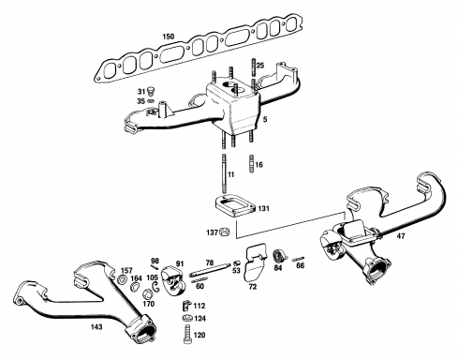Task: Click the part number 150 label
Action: [169, 37]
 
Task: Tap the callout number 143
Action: [96, 327]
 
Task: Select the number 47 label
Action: [401, 236]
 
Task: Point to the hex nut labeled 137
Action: [224, 232]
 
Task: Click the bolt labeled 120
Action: [186, 335]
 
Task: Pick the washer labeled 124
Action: [187, 318]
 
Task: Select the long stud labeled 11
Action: [225, 173]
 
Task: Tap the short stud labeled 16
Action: [252, 163]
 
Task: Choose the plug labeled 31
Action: [152, 91]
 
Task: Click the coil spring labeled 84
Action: [278, 256]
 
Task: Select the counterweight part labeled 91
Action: [172, 280]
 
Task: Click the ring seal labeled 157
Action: [122, 279]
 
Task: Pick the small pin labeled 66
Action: [297, 259]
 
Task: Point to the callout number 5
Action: [265, 119]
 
